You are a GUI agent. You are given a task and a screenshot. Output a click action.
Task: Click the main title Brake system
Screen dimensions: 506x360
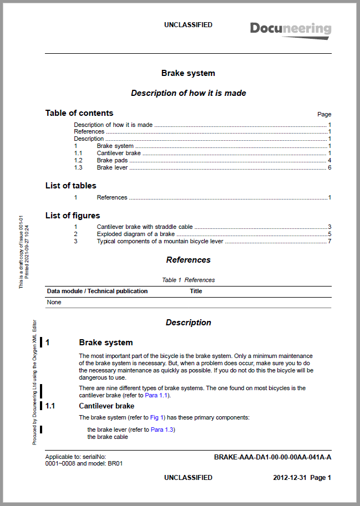188,73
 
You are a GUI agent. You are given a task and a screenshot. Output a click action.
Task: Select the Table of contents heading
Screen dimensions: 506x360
79,113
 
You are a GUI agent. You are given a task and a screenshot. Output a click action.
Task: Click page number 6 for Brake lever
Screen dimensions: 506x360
329,167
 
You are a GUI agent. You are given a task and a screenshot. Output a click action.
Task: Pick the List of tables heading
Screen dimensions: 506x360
71,186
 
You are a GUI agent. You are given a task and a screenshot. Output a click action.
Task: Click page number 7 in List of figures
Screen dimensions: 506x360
329,241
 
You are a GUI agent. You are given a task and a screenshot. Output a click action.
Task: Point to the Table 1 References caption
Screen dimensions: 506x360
188,280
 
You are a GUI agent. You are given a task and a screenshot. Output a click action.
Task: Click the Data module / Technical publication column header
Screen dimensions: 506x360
98,291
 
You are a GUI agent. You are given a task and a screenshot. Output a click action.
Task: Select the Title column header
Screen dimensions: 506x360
196,291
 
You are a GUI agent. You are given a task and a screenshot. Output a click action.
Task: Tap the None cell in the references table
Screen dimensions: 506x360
54,303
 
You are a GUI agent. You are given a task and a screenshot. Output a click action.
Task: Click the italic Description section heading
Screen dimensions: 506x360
188,323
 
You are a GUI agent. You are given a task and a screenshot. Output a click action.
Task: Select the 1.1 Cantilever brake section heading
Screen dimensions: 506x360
107,406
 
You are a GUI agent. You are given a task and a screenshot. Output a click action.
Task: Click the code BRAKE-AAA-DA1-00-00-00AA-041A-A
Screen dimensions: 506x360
272,457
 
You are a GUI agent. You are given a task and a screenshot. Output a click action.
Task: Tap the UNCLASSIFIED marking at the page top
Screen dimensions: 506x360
188,25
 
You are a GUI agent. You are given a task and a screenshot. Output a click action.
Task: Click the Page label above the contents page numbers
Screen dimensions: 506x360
324,114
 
